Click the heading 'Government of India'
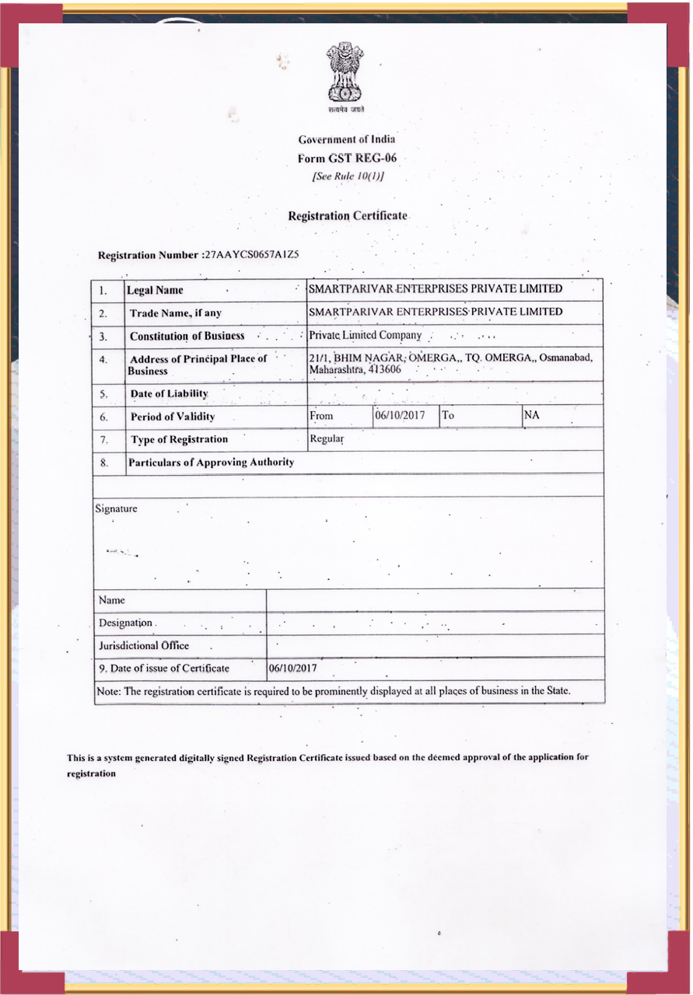point(347,139)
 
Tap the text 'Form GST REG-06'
point(347,158)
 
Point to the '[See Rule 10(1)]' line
point(348,176)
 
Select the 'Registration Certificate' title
point(348,215)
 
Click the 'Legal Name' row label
point(156,290)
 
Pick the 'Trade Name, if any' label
point(175,313)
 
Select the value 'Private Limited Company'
point(365,335)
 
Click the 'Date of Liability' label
point(169,394)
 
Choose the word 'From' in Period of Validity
point(321,416)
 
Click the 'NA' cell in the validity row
point(532,415)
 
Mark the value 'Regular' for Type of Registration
point(327,438)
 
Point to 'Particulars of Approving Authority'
point(211,462)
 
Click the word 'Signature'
point(116,508)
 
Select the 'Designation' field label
point(126,623)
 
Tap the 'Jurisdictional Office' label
point(144,645)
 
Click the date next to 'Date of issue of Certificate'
point(292,668)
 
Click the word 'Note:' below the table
point(109,690)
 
